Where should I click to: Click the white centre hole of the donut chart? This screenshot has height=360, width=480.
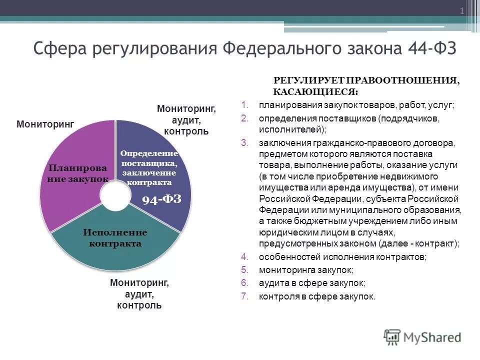click(x=115, y=194)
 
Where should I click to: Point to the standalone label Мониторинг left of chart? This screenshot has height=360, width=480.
click(x=45, y=123)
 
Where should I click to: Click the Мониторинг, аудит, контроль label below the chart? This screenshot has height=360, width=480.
click(x=139, y=293)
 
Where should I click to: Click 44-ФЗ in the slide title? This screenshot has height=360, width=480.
click(x=431, y=49)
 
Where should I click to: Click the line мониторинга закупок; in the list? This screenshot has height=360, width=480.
click(x=306, y=270)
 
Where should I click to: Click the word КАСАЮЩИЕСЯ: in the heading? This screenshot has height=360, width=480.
click(x=315, y=92)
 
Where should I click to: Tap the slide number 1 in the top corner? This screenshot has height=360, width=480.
click(x=461, y=11)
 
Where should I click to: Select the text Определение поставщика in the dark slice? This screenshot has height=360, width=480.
click(x=149, y=158)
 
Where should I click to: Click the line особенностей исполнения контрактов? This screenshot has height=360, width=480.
click(x=342, y=257)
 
